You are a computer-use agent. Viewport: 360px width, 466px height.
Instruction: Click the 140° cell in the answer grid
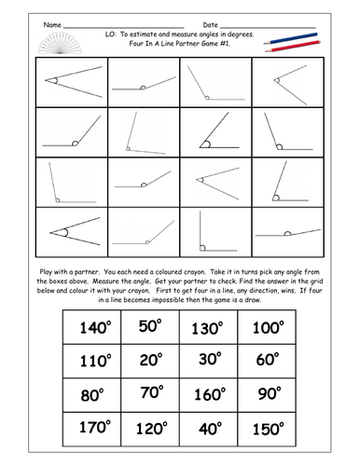coord(97,327)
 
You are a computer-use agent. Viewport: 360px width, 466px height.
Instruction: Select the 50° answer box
coord(151,327)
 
